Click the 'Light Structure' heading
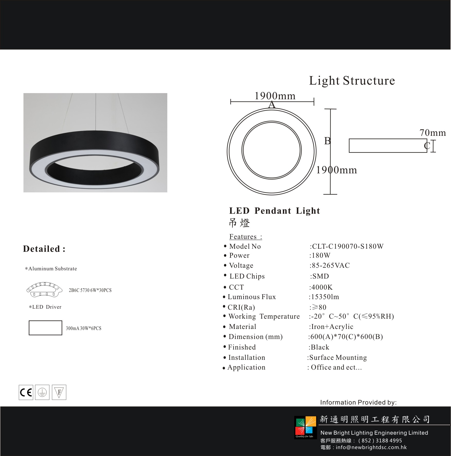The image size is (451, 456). pyautogui.click(x=352, y=81)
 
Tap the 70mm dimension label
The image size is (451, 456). pyautogui.click(x=433, y=133)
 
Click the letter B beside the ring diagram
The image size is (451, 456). pyautogui.click(x=327, y=141)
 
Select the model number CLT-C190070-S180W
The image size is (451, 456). pyautogui.click(x=348, y=246)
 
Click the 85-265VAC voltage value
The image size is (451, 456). pyautogui.click(x=331, y=265)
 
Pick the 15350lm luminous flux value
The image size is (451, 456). pyautogui.click(x=325, y=297)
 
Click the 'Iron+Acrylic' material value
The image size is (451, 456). pyautogui.click(x=332, y=327)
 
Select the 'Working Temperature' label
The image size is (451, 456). pyautogui.click(x=264, y=316)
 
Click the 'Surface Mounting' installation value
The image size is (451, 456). pyautogui.click(x=338, y=357)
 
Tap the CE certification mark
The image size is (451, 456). pyautogui.click(x=26, y=392)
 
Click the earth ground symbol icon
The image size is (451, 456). pyautogui.click(x=42, y=392)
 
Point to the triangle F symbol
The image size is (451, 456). pyautogui.click(x=59, y=392)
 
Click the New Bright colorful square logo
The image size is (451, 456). pyautogui.click(x=306, y=427)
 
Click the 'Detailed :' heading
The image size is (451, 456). pyautogui.click(x=44, y=249)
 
